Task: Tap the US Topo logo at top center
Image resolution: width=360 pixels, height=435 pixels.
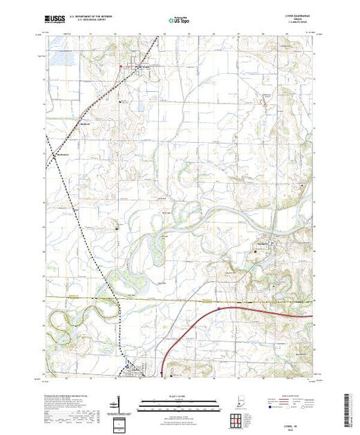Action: tap(180, 21)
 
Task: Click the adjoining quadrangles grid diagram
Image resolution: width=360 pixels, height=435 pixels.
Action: tap(239, 420)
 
